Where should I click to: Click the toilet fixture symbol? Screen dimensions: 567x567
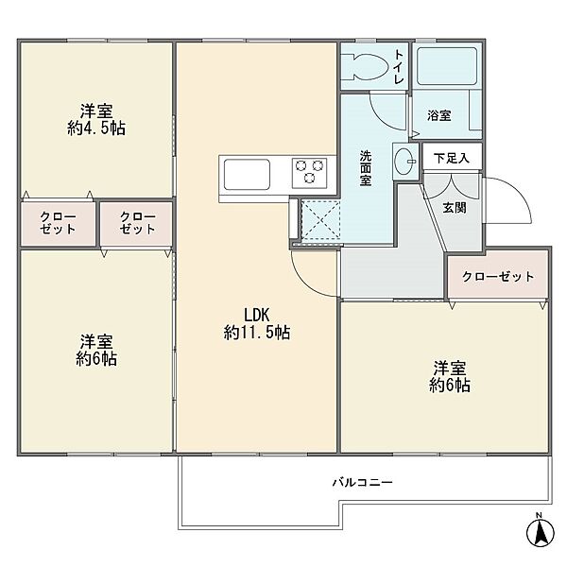(365, 67)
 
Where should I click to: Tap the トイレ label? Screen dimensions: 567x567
(399, 67)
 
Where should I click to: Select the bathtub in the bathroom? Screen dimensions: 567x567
(447, 66)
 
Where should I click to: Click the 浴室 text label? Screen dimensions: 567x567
(439, 115)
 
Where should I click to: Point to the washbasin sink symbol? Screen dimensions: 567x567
(405, 162)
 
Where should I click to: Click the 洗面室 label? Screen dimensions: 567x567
(365, 168)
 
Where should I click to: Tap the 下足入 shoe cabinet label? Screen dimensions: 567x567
(452, 158)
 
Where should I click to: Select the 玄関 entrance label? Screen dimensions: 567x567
(455, 208)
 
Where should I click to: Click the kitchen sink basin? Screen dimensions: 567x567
(247, 174)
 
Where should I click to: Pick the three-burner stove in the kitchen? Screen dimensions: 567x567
(310, 173)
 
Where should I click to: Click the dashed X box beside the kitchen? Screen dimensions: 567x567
(320, 220)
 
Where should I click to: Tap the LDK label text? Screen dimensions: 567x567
(257, 315)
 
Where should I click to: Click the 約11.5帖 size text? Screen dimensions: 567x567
(257, 333)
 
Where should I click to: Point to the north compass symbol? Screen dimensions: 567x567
(541, 532)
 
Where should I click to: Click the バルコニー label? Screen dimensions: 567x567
(362, 482)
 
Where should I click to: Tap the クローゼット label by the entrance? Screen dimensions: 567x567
(498, 276)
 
